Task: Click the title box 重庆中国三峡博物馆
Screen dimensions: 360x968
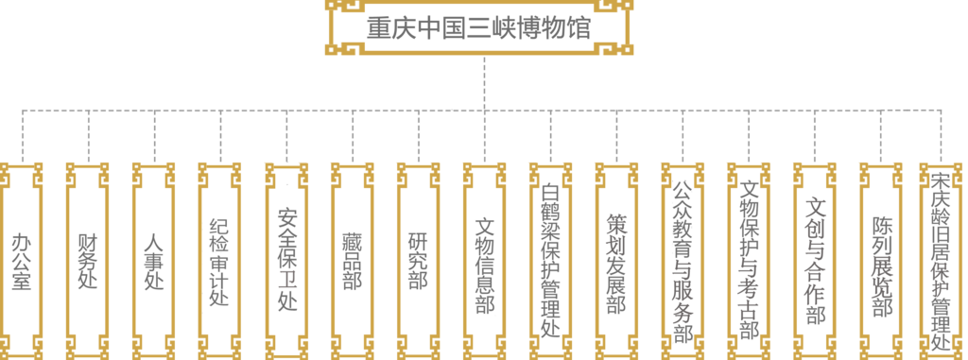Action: [x=479, y=28]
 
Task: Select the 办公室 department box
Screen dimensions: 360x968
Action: [x=22, y=260]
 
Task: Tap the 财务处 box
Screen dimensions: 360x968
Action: [x=88, y=260]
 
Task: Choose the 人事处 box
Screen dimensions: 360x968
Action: [x=154, y=260]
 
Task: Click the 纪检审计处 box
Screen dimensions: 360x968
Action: [x=220, y=260]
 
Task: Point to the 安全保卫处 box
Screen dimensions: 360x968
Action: [x=286, y=260]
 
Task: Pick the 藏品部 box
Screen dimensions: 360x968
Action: [x=353, y=260]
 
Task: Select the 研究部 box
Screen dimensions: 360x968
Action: [x=418, y=260]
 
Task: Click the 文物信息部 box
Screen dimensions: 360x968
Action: [x=484, y=260]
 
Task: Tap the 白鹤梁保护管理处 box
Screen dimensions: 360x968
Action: [x=550, y=260]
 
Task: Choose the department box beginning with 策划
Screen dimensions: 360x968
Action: [x=616, y=260]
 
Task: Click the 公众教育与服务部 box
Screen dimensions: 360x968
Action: [x=683, y=260]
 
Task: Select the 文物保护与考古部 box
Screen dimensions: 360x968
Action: [x=749, y=260]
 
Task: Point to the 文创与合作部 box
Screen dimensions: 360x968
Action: [x=815, y=260]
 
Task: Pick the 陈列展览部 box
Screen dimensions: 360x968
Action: [x=881, y=260]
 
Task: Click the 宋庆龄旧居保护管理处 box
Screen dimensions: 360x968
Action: [x=942, y=260]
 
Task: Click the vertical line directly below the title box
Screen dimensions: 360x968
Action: [x=484, y=83]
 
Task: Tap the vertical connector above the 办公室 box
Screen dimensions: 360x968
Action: [x=22, y=137]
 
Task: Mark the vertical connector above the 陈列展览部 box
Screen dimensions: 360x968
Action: [x=881, y=137]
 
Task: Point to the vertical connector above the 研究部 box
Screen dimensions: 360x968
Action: [x=418, y=137]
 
